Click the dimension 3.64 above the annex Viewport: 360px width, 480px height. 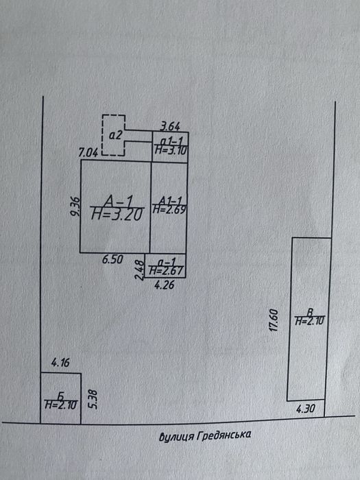[170, 126]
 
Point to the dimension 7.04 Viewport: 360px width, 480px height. [88, 152]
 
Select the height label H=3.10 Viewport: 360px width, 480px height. [171, 150]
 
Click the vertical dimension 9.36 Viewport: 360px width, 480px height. [75, 206]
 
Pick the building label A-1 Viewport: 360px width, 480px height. [118, 202]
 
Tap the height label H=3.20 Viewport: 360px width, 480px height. [117, 214]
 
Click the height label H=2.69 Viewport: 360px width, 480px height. [169, 209]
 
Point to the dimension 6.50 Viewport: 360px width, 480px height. [112, 260]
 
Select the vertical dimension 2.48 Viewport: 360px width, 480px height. [140, 270]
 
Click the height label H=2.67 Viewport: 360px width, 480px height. [166, 270]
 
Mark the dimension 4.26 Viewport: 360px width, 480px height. [164, 285]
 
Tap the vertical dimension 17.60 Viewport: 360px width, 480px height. [274, 320]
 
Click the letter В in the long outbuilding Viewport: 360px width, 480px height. [310, 313]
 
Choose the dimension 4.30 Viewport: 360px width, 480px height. [305, 409]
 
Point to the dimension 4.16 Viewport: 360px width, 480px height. [60, 363]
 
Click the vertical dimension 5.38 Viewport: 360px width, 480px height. [94, 399]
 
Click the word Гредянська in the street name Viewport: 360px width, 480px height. [223, 435]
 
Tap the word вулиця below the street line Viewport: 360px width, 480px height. [176, 436]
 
